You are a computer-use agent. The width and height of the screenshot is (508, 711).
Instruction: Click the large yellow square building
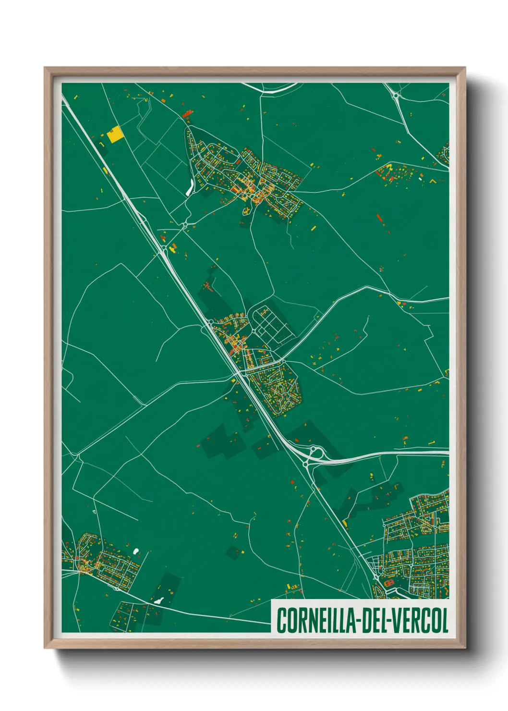click(x=115, y=135)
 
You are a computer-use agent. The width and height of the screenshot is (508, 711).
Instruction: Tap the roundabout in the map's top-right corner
click(x=396, y=96)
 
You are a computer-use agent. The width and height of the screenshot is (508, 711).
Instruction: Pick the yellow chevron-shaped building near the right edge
click(x=432, y=182)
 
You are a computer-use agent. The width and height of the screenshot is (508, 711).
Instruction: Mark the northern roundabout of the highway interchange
click(x=316, y=451)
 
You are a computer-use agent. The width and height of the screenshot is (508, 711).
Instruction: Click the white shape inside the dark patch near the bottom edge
click(x=158, y=600)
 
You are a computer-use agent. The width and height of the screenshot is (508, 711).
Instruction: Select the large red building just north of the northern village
click(x=188, y=114)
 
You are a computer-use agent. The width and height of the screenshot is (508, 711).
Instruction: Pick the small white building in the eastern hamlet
click(x=421, y=179)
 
